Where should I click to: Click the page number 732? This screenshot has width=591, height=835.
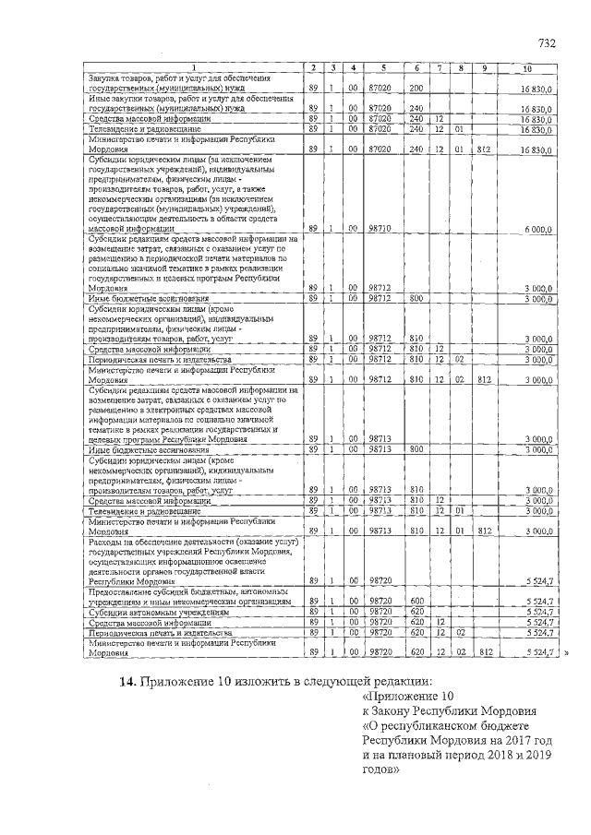click(x=548, y=43)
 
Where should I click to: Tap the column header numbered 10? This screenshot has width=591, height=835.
click(x=527, y=68)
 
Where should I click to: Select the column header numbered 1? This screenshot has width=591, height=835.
click(x=194, y=68)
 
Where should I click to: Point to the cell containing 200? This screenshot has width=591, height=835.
click(x=416, y=88)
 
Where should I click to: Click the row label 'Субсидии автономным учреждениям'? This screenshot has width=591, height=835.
click(x=158, y=612)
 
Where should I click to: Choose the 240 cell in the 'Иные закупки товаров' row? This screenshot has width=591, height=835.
click(x=416, y=108)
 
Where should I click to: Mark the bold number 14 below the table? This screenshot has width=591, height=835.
click(x=129, y=683)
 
